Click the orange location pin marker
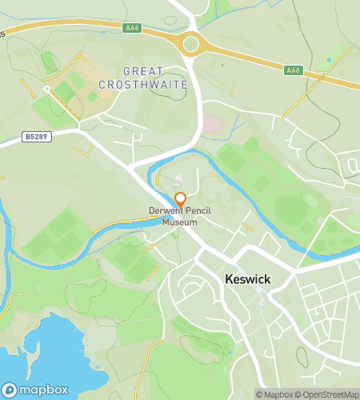pos(181,198)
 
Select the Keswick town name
pos(247,281)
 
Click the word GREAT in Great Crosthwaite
pos(149,71)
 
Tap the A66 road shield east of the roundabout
pos(294,70)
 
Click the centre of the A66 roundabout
pos(190,44)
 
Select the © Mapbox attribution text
pos(274,394)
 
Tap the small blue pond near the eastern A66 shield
pos(329,61)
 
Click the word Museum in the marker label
pos(180,222)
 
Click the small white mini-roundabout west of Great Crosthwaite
pos(47,88)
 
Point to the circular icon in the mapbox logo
pos(10,390)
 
